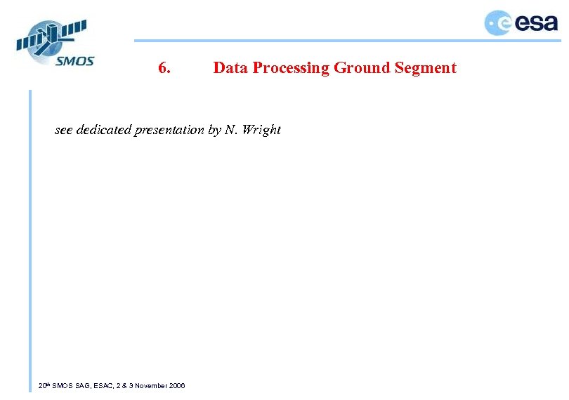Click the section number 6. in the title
pos(166,68)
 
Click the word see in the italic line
pos(64,130)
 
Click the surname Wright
pos(261,130)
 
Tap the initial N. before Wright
pos(231,130)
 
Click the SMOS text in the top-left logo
pos(75,60)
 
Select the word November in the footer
pos(151,386)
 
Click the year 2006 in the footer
pos(178,386)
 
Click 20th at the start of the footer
pos(44,386)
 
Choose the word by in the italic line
pos(214,130)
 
